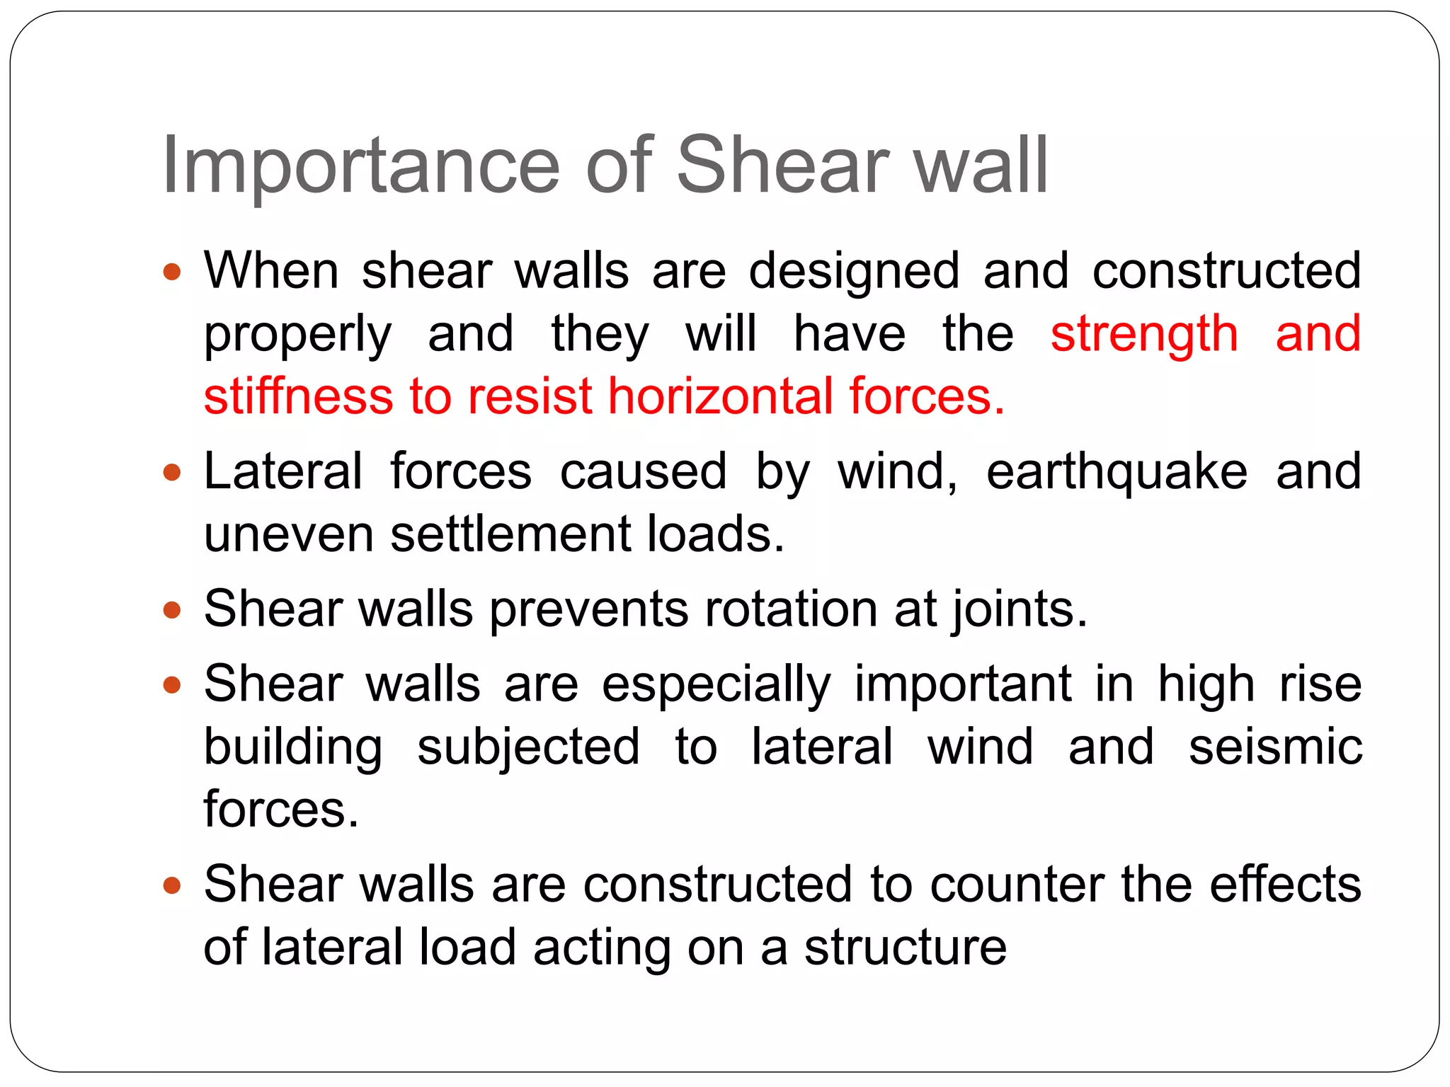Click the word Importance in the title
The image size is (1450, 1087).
click(361, 167)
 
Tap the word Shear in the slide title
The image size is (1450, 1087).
click(782, 166)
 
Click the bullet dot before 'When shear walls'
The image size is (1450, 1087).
click(172, 271)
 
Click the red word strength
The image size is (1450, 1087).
click(1144, 335)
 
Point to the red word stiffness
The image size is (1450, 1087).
click(298, 396)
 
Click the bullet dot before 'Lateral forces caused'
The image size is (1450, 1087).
click(172, 472)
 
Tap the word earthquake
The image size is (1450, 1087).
click(1117, 473)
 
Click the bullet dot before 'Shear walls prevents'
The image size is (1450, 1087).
click(172, 610)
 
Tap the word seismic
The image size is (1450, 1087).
click(1275, 747)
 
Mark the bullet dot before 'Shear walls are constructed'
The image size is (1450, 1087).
click(172, 885)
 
